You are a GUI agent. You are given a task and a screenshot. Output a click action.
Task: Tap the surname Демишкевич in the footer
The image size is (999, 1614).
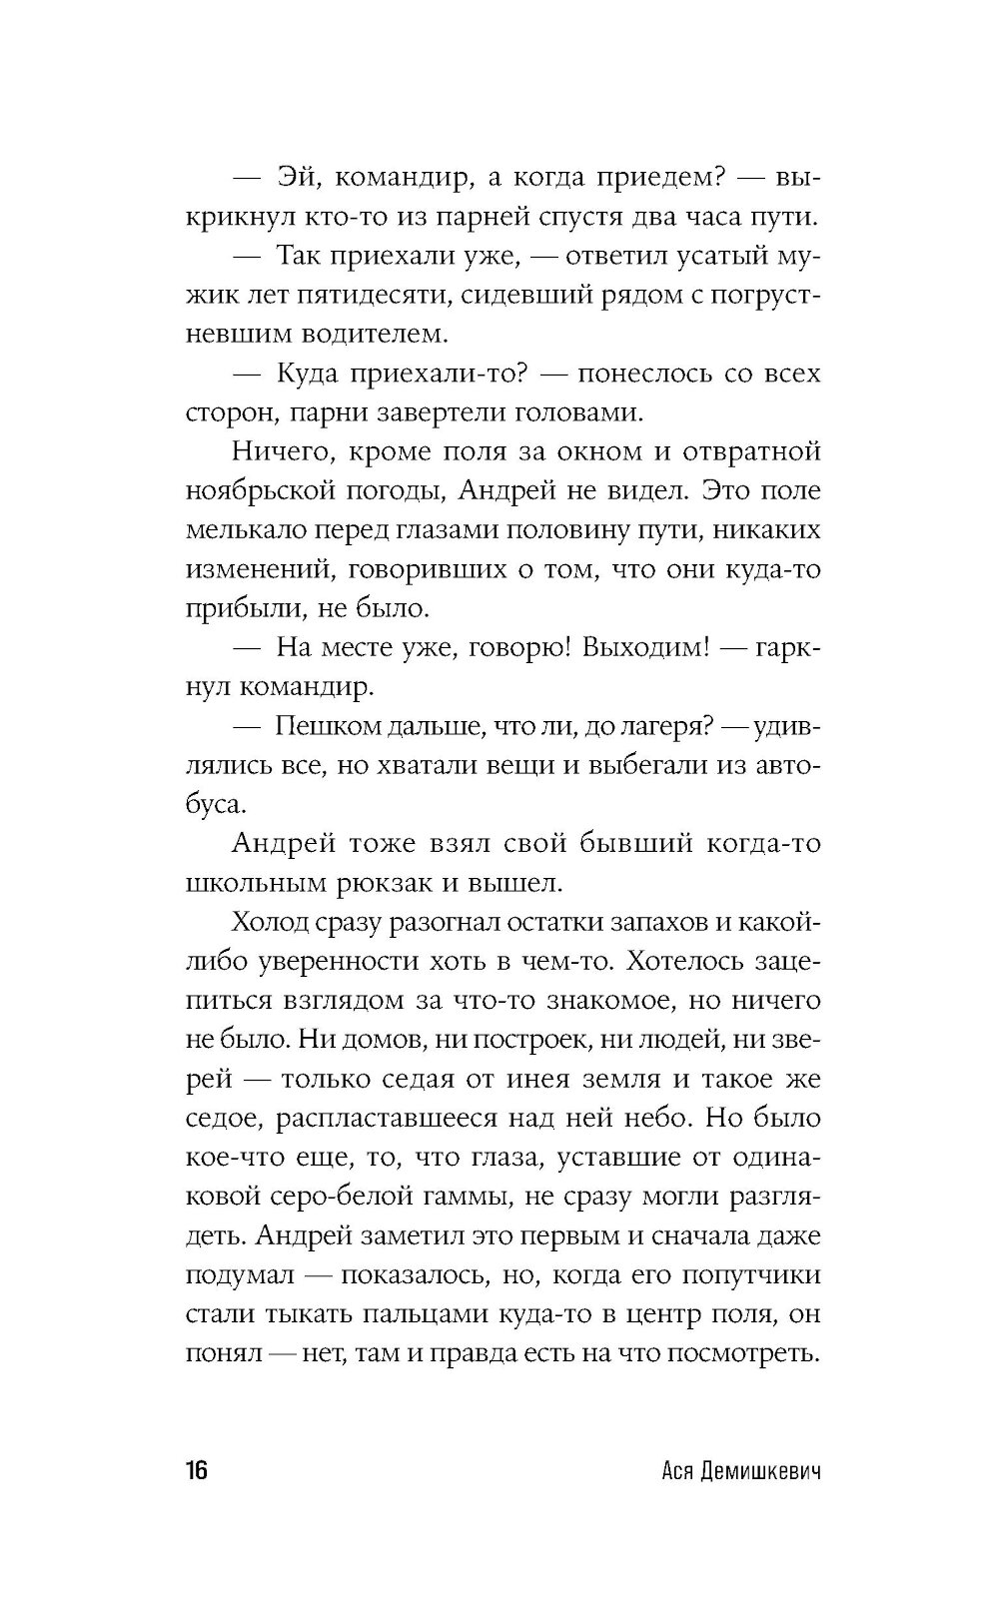coord(758,1472)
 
